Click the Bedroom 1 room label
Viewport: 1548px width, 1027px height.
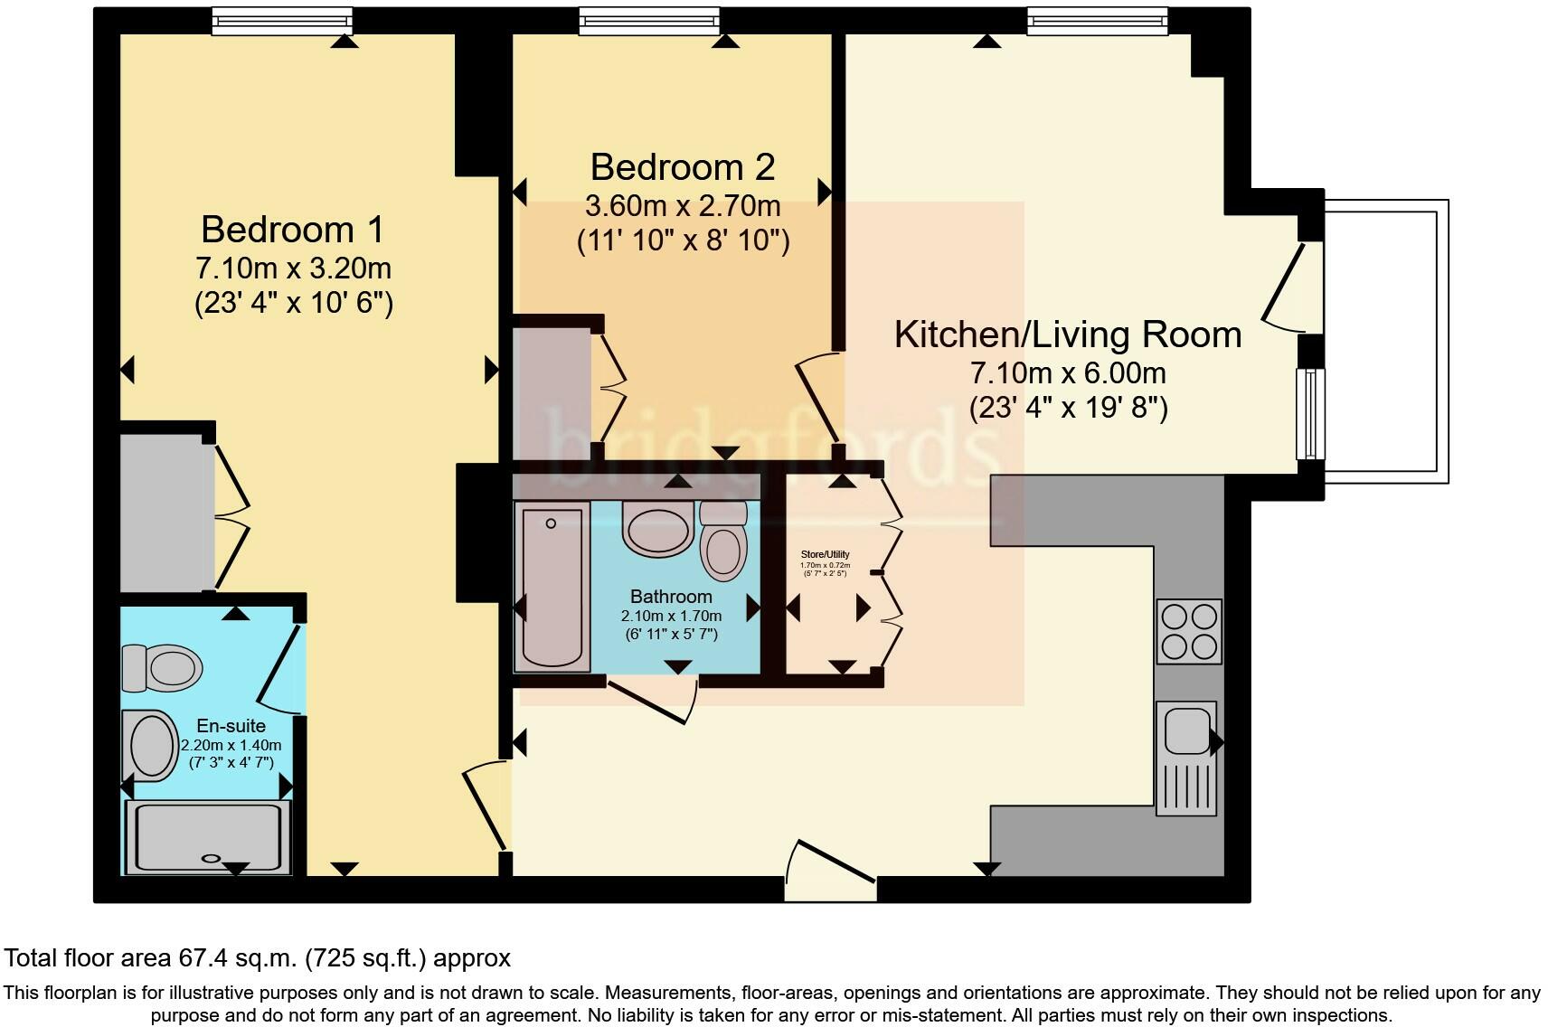pyautogui.click(x=292, y=230)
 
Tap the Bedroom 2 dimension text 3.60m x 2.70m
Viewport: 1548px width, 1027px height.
pyautogui.click(x=683, y=206)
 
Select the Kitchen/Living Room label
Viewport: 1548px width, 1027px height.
pyautogui.click(x=1068, y=334)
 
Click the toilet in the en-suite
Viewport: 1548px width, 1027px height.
pyautogui.click(x=163, y=668)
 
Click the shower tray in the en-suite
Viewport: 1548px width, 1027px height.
pyautogui.click(x=209, y=837)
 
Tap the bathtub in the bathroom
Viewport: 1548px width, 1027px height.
pyautogui.click(x=552, y=586)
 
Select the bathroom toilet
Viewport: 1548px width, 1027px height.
pyautogui.click(x=723, y=542)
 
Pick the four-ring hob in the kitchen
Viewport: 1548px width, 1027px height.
pyautogui.click(x=1189, y=631)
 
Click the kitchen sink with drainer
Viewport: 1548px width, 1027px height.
pyautogui.click(x=1185, y=758)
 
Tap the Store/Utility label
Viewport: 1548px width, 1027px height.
pyautogui.click(x=826, y=554)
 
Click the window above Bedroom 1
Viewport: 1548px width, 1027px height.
pyautogui.click(x=282, y=21)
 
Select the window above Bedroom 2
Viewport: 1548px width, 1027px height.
pyautogui.click(x=649, y=21)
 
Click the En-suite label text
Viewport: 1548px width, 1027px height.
pyautogui.click(x=231, y=726)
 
